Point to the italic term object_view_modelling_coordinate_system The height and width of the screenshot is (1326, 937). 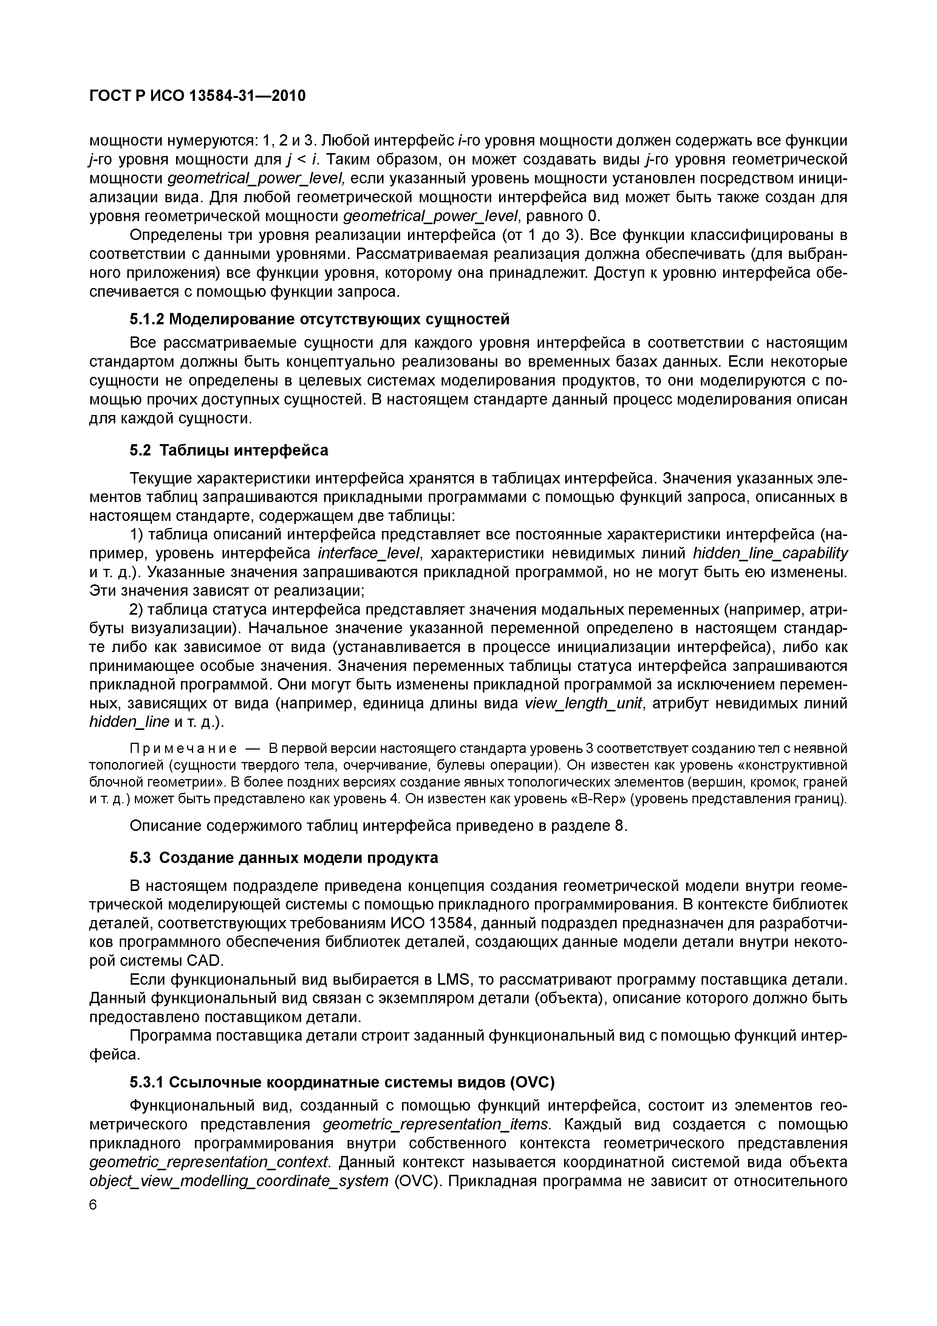[x=239, y=1181]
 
